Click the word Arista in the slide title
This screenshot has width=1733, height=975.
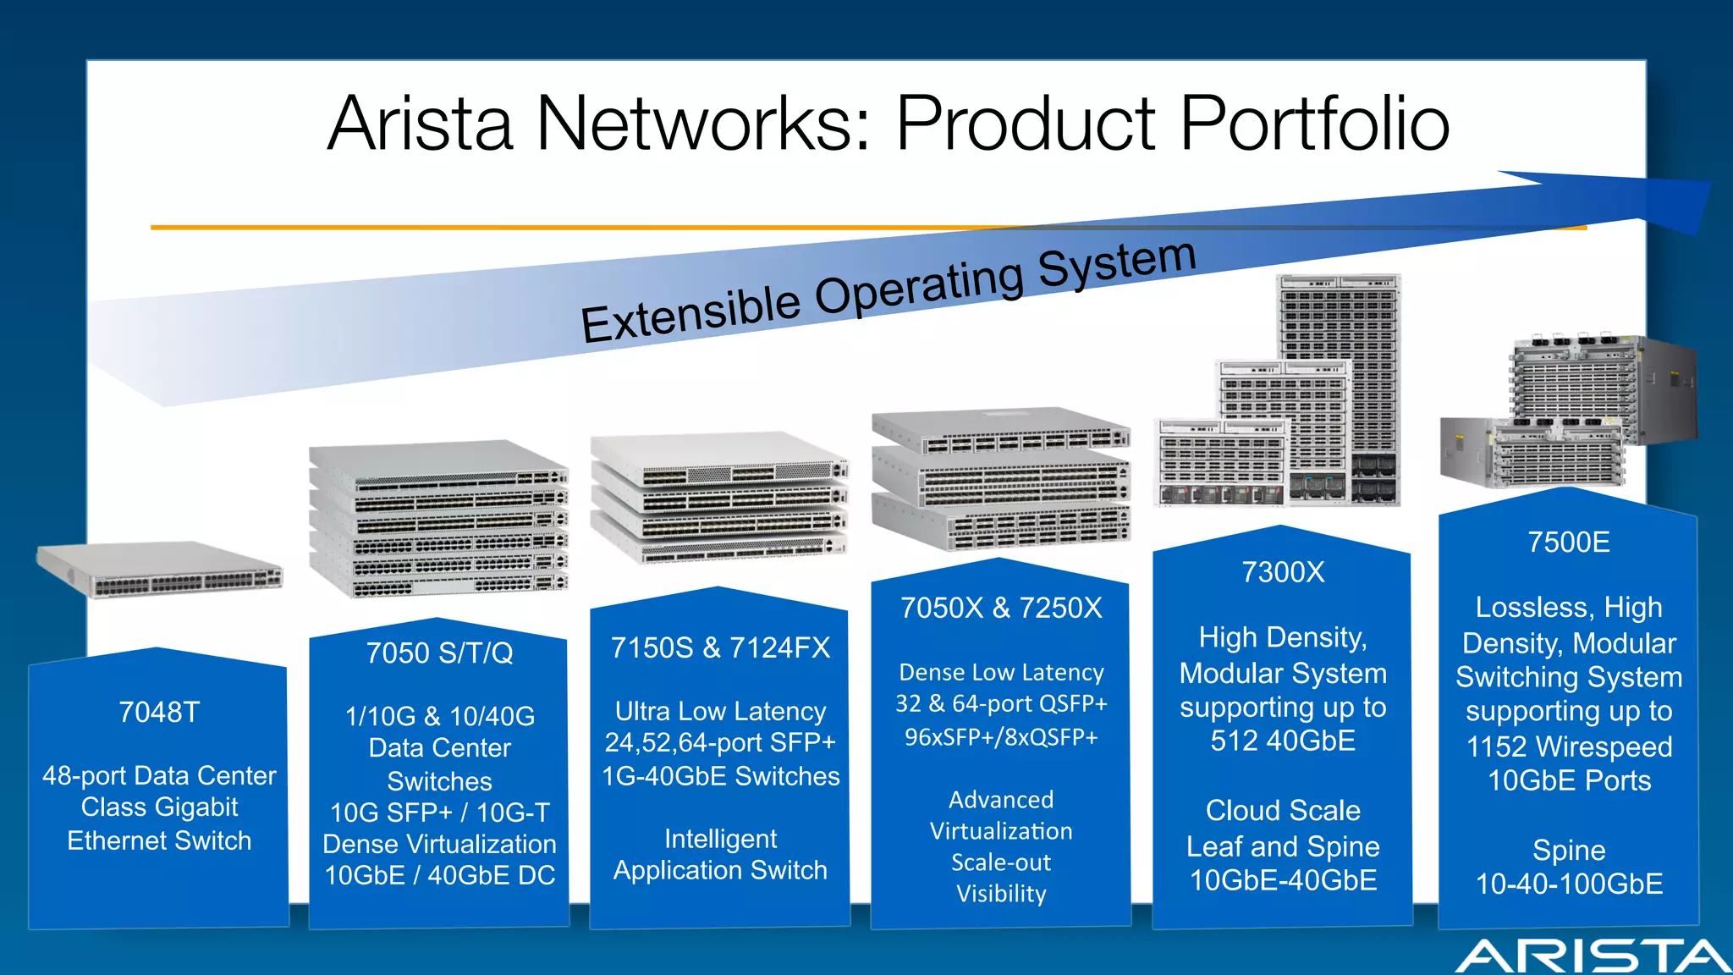(421, 124)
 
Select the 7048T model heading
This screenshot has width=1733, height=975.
(159, 713)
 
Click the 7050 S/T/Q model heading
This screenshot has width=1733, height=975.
(439, 653)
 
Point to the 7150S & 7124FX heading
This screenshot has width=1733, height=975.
(720, 648)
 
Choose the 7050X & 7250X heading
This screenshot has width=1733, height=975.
(1001, 609)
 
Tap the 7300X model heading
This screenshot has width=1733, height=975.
(1283, 573)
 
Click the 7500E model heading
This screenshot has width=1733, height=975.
(1569, 543)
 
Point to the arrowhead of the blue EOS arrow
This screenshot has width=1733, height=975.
(1659, 203)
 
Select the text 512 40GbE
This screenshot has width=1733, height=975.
(1283, 741)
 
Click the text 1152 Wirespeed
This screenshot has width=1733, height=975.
(1569, 747)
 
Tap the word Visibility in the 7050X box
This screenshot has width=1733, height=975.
(1001, 895)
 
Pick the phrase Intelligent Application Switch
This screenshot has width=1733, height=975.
(720, 855)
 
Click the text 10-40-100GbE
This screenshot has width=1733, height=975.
(1569, 884)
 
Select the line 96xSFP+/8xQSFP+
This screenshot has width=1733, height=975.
(1001, 737)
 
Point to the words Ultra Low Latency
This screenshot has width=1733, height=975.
(720, 712)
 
